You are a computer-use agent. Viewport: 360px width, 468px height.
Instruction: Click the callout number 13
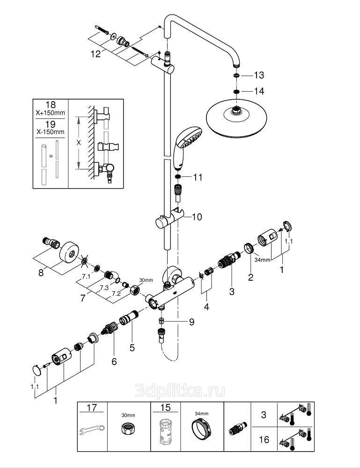(x=259, y=75)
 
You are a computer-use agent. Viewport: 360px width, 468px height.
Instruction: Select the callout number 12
(x=96, y=54)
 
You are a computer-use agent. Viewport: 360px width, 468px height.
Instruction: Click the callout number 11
(x=198, y=177)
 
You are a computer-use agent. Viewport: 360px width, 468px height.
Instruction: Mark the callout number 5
(x=132, y=348)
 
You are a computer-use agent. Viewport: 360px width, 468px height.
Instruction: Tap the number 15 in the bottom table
(x=164, y=408)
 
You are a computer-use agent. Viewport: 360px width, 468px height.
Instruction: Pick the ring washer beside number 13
(x=237, y=75)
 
